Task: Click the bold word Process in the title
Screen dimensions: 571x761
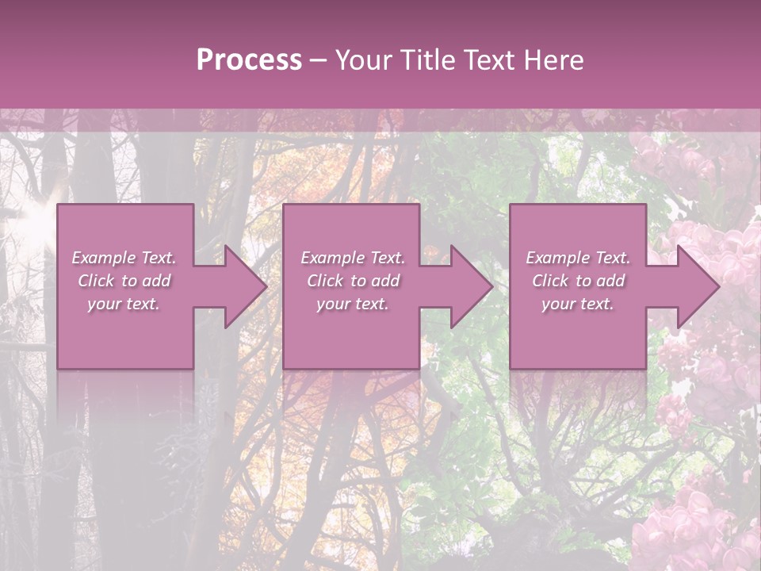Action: point(249,60)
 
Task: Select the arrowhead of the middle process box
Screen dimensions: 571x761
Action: point(470,286)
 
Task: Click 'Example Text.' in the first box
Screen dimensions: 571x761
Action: point(124,258)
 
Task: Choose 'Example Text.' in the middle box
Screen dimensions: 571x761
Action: point(353,258)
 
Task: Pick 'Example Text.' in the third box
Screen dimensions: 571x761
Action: point(578,258)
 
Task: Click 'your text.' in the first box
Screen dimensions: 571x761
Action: point(124,304)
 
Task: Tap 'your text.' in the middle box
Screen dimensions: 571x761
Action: point(353,304)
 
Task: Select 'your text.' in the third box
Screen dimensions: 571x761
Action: point(578,304)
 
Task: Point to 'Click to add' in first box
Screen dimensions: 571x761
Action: point(124,281)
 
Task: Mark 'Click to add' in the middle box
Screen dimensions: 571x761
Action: point(353,281)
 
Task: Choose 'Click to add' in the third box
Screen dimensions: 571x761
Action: point(578,281)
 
